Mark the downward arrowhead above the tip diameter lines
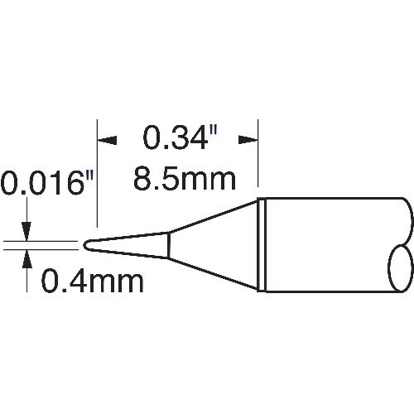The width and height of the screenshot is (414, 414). pyautogui.click(x=28, y=232)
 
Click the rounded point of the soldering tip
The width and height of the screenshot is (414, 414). pyautogui.click(x=86, y=244)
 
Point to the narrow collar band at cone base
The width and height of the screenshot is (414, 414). pyautogui.click(x=261, y=244)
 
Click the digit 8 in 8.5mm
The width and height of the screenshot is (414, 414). pyautogui.click(x=143, y=177)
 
